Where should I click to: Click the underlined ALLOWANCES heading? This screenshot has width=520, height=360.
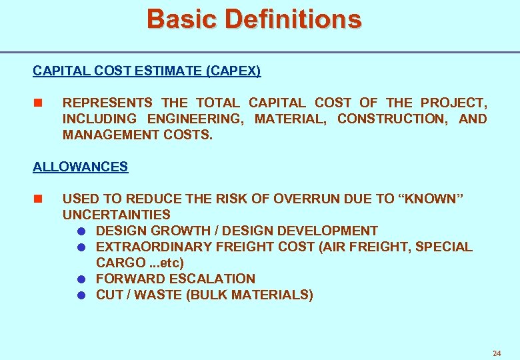point(80,167)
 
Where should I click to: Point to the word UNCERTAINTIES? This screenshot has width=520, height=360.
point(116,215)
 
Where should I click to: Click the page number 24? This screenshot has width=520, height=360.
point(496,353)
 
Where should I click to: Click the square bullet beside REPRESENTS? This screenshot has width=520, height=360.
point(37,103)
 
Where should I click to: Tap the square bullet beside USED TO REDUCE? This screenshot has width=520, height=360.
point(37,199)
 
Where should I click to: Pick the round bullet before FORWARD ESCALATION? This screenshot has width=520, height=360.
point(81,279)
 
